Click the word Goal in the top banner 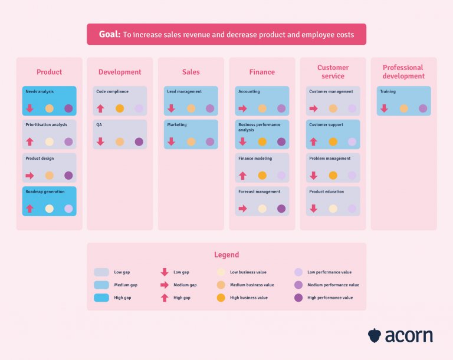pos(110,35)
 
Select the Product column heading pos(49,72)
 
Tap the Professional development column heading pos(403,72)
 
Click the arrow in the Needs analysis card pos(29,108)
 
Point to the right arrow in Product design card pos(29,176)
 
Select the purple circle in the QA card pos(139,142)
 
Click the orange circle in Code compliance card pos(120,108)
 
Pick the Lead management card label pos(185,92)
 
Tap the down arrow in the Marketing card pos(172,142)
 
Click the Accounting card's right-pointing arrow pos(242,108)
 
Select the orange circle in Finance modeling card pos(262,176)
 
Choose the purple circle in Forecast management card pos(281,209)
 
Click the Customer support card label pos(326,125)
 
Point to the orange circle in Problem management pos(333,176)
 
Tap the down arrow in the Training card pos(384,108)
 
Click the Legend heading pos(226,255)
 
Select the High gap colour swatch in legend pos(101,298)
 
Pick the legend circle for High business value pos(221,298)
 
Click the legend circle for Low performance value pos(298,272)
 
